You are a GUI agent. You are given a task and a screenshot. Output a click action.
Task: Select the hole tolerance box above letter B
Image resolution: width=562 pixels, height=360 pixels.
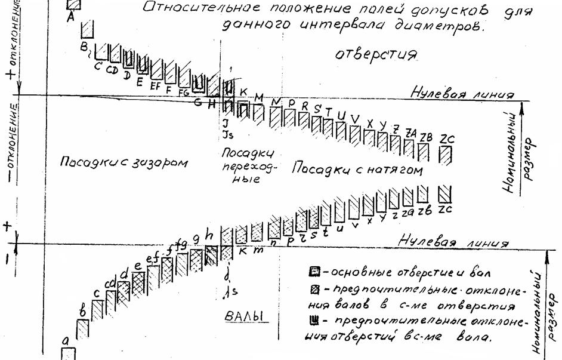pyautogui.click(x=88, y=28)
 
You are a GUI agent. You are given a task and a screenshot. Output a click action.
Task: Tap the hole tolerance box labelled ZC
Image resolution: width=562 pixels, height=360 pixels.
pyautogui.click(x=445, y=155)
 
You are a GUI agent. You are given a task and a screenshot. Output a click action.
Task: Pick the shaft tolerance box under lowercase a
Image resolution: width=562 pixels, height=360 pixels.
pyautogui.click(x=69, y=353)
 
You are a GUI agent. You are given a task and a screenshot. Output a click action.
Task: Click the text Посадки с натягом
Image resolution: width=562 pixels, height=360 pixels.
pyautogui.click(x=357, y=170)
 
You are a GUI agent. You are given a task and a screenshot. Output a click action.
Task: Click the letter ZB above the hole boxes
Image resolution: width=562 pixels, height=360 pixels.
pyautogui.click(x=426, y=136)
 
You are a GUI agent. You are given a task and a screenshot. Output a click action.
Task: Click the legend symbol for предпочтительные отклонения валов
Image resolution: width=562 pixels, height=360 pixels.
pyautogui.click(x=314, y=290)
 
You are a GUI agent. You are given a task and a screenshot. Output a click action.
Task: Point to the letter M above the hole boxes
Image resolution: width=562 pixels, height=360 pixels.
pyautogui.click(x=258, y=97)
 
